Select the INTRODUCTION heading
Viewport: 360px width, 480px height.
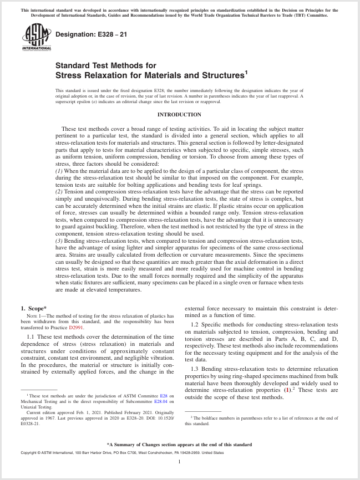pos(180,115)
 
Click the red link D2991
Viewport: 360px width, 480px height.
pos(76,328)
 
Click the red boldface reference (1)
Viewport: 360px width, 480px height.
pos(287,390)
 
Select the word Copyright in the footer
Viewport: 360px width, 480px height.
pos(31,453)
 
